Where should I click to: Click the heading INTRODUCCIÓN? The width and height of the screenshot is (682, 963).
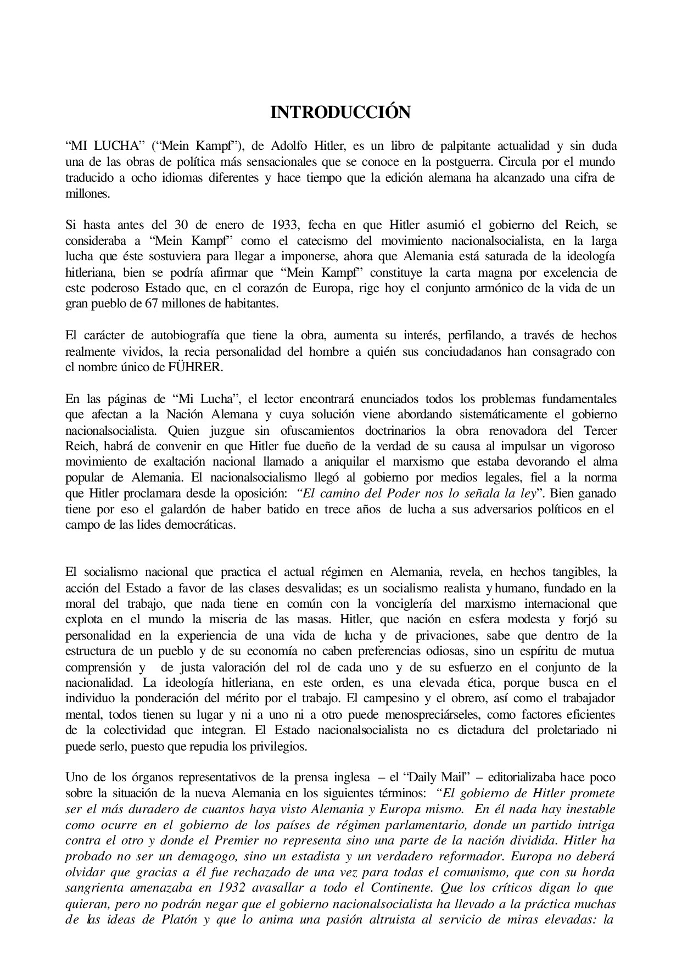340,113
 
